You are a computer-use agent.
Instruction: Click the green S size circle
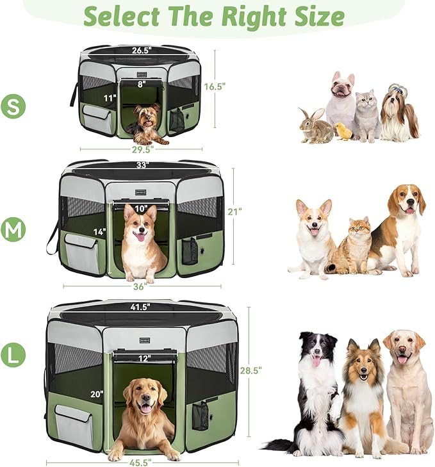pyautogui.click(x=13, y=106)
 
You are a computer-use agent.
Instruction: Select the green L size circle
pyautogui.click(x=13, y=354)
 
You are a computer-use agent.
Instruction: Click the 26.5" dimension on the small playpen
pyautogui.click(x=142, y=51)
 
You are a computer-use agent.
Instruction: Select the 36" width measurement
pyautogui.click(x=140, y=286)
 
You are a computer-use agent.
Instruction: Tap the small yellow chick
pyautogui.click(x=345, y=131)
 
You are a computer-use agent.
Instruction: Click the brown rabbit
pyautogui.click(x=316, y=126)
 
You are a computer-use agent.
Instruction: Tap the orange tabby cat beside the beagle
pyautogui.click(x=353, y=247)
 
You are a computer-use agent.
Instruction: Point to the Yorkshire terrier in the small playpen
pyautogui.click(x=147, y=124)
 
